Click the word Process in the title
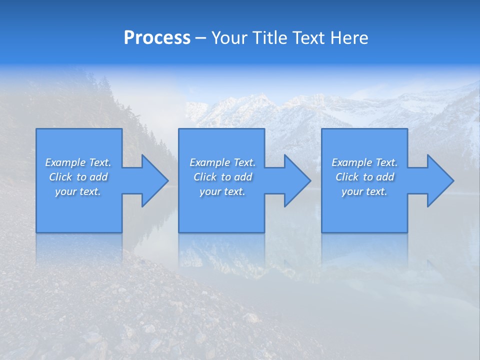pos(157,38)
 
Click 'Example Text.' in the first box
pos(78,162)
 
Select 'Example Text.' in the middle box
pos(222,162)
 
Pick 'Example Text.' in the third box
pos(364,162)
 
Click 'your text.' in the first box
pos(78,191)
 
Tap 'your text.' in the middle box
pos(222,191)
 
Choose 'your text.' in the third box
pos(364,191)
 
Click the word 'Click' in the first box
pos(60,177)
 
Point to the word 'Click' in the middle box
pos(205,177)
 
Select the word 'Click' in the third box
pos(347,177)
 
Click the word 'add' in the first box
pos(98,177)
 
